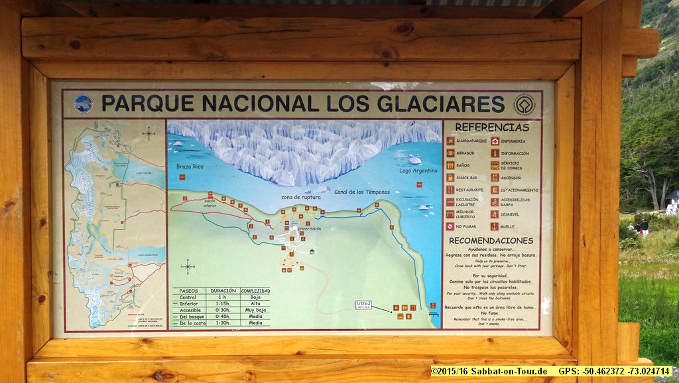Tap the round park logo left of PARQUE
click(x=84, y=104)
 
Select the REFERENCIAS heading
click(x=492, y=127)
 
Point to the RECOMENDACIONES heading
click(x=491, y=240)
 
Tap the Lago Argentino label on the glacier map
click(x=418, y=171)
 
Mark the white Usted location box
click(x=363, y=305)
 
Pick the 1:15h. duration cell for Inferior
click(x=222, y=303)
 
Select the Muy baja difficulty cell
click(x=255, y=310)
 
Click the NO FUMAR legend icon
click(x=450, y=226)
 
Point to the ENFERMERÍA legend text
click(x=513, y=141)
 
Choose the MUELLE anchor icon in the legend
click(x=495, y=226)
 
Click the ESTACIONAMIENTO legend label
click(x=520, y=190)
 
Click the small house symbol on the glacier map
click(x=312, y=251)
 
